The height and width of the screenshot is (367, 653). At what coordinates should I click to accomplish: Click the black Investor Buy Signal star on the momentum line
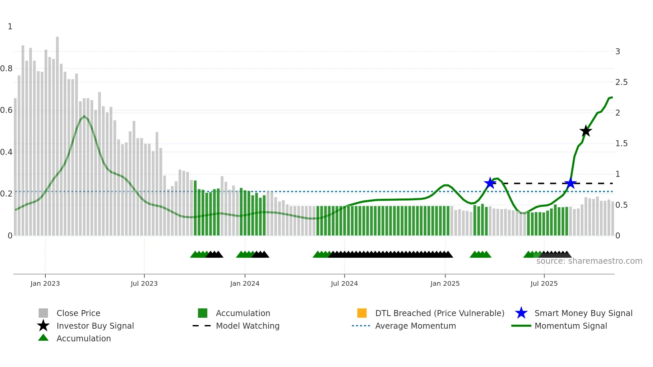[585, 131]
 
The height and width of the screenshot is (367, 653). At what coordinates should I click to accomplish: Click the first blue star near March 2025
[490, 183]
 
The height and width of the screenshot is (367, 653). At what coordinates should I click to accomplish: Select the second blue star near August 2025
[570, 183]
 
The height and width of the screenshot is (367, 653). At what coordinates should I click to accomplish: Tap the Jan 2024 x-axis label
[245, 283]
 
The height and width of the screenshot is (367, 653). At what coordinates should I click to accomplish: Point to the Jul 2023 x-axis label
[144, 283]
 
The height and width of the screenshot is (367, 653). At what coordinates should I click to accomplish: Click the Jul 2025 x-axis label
[544, 283]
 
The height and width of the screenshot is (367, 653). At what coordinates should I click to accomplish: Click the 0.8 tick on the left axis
[6, 69]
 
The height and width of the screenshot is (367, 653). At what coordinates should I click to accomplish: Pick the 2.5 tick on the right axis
[621, 82]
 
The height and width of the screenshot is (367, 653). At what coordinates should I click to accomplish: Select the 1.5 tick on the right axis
[621, 144]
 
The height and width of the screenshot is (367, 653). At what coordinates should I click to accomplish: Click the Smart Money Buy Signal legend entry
[583, 313]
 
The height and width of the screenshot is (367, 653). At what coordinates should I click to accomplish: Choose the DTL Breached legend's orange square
[362, 313]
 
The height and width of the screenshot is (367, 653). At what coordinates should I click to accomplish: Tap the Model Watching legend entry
[247, 326]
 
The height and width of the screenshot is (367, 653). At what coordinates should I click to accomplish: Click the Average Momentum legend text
[415, 326]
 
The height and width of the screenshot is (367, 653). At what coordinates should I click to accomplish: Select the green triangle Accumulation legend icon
[43, 338]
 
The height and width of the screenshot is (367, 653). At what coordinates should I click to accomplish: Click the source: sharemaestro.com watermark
[589, 261]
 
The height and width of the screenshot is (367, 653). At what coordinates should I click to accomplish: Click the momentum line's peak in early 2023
[84, 116]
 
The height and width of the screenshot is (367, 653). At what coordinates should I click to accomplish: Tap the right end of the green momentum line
[612, 97]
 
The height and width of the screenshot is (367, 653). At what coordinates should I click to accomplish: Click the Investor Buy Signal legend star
[43, 326]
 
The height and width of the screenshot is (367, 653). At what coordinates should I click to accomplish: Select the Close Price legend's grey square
[43, 313]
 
